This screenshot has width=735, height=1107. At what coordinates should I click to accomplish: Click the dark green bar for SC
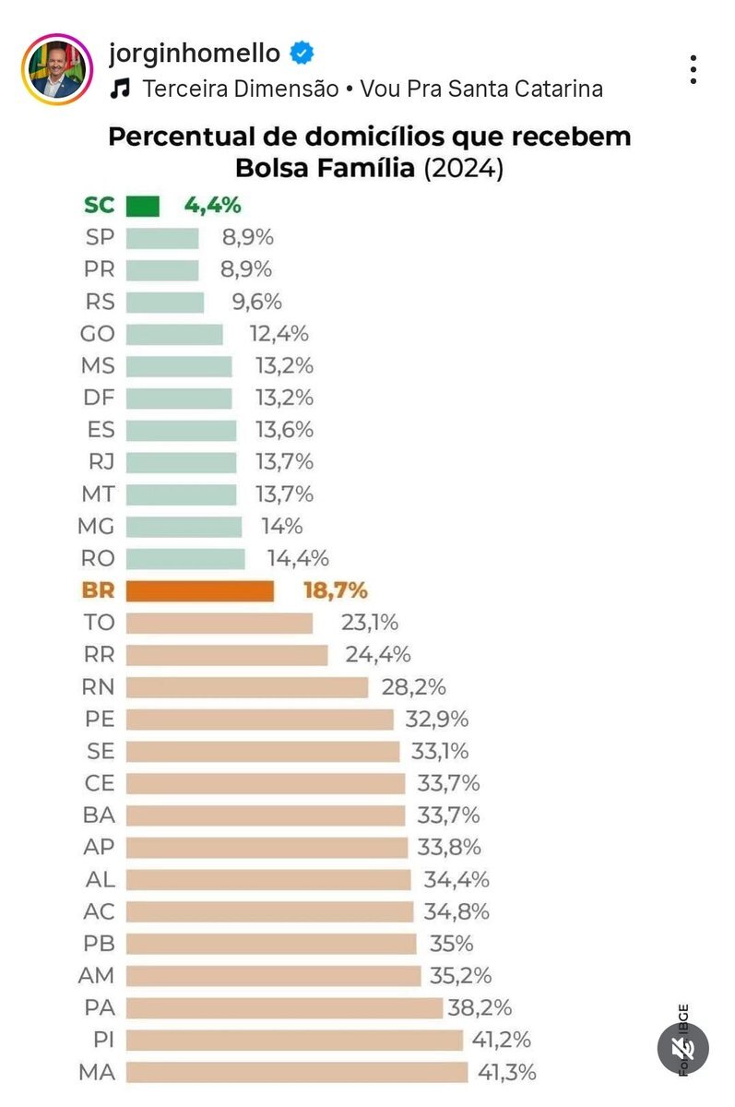coord(142,206)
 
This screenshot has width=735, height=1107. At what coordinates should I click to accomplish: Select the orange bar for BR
coord(199,590)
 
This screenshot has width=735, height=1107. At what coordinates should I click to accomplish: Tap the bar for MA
coord(296,1072)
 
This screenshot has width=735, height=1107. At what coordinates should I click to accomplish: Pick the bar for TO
coord(219,623)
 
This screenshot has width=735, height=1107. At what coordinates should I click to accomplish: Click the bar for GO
coord(173,334)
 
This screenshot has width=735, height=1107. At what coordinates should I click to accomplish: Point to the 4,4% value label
coord(213,206)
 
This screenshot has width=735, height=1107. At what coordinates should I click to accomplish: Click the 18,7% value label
coord(335,590)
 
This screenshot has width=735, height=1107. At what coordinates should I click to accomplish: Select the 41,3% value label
coord(506,1072)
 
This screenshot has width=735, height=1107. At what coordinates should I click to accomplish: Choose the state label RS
coord(100,302)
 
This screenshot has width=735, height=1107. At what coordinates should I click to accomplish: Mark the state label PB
coord(100,944)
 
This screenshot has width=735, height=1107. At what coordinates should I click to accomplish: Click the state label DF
coord(99,398)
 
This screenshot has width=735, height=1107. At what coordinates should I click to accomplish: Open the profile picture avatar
coord(57,69)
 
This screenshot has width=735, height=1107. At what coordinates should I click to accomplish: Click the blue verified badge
coord(302,54)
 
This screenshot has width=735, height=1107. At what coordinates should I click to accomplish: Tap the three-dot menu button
coord(693,69)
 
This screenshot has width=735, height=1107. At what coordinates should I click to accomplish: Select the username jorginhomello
coord(194,54)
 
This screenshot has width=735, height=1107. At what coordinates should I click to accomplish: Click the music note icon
coord(121,89)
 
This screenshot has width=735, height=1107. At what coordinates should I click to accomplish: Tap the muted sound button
coord(682,1049)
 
